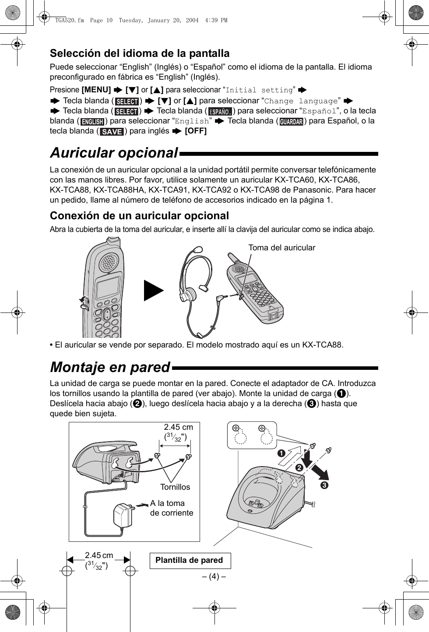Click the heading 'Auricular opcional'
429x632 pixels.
(x=114, y=153)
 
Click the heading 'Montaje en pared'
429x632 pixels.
(x=110, y=367)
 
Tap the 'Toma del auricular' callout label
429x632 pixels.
(x=281, y=248)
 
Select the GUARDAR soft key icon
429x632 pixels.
(x=292, y=122)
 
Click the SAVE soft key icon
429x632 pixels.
(x=112, y=131)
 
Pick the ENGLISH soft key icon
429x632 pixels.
(x=92, y=122)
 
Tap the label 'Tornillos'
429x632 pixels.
(x=175, y=487)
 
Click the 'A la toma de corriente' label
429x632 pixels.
(x=171, y=508)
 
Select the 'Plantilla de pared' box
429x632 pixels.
(x=190, y=560)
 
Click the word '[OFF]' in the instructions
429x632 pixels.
(x=196, y=131)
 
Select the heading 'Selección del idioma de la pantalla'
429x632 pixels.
(x=140, y=53)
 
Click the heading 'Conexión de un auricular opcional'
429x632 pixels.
(x=139, y=216)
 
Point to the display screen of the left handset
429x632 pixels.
(x=108, y=289)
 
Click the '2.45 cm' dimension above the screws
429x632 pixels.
(x=178, y=427)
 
